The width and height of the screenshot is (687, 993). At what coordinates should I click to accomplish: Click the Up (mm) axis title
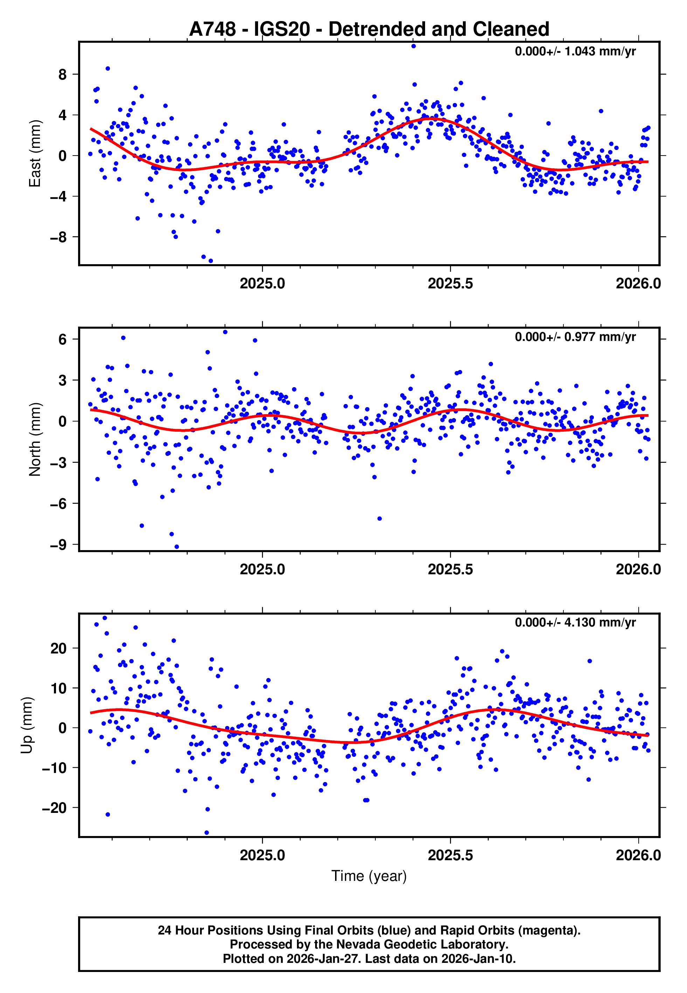click(27, 725)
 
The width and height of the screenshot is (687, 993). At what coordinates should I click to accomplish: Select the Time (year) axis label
click(369, 876)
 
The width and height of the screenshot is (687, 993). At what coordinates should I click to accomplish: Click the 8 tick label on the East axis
click(63, 75)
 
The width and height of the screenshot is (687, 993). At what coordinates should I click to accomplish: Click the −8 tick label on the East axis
click(58, 237)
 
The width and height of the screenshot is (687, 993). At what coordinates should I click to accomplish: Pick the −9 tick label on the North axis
click(58, 545)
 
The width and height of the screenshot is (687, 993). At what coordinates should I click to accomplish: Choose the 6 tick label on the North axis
click(63, 339)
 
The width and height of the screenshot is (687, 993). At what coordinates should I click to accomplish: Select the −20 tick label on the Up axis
click(54, 808)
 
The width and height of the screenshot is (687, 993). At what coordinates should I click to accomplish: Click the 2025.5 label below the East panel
click(450, 284)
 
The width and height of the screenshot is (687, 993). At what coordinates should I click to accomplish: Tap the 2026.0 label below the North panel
click(638, 570)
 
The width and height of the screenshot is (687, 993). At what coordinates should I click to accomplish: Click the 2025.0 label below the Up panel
click(262, 855)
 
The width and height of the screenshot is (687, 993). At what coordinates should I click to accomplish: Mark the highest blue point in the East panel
click(414, 46)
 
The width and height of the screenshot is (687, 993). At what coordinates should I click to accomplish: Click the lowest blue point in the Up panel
click(207, 833)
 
